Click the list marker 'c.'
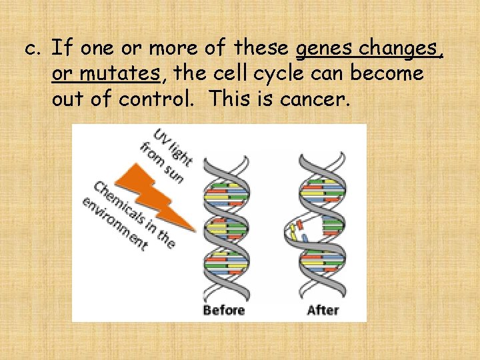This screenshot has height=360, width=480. [33, 49]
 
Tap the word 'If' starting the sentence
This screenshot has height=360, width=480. [61, 48]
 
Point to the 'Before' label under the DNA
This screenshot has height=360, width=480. [224, 310]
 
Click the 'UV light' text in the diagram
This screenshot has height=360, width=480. [173, 147]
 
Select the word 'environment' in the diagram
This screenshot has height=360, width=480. [114, 224]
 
